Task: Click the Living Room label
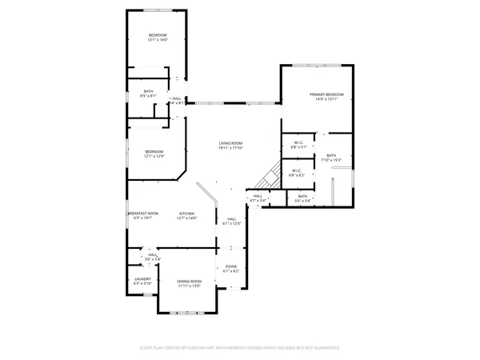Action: pos(231,143)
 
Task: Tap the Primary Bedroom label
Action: pos(327,94)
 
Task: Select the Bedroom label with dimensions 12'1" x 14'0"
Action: pos(157,35)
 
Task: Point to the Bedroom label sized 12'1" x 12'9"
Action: pos(154,152)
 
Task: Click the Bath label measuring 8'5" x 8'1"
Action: pos(148,91)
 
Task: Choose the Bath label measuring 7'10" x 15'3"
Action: pos(331,155)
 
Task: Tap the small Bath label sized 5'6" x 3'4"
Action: pos(302,196)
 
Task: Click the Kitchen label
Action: pos(186,214)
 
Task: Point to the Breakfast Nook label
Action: pos(143,214)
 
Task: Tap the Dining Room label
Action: pos(190,281)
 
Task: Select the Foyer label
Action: pos(230,266)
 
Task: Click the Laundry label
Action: pos(142,279)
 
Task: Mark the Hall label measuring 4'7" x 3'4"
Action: pos(258,196)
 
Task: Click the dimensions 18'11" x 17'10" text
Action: pos(231,148)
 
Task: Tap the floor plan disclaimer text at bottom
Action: pos(240,348)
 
